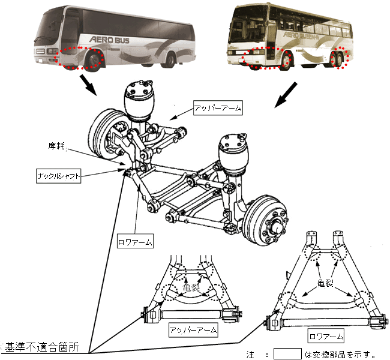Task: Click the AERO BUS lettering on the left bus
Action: pos(109,40)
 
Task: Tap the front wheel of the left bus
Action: pos(94,61)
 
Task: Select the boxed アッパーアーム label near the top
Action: pos(218,108)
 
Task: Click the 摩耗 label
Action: pos(56,146)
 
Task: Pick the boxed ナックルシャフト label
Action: pos(59,176)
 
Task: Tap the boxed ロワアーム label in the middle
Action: pos(136,242)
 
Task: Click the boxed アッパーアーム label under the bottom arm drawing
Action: pos(193,330)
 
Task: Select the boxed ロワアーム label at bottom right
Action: pos(326,337)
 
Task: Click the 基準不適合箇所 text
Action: pos(42,347)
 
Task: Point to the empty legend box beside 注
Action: pos(287,354)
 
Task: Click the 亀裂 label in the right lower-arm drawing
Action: pos(325,283)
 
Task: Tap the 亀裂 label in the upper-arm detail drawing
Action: pos(191,287)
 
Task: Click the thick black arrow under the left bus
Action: pos(88,85)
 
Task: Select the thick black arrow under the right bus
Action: pos(286,95)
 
